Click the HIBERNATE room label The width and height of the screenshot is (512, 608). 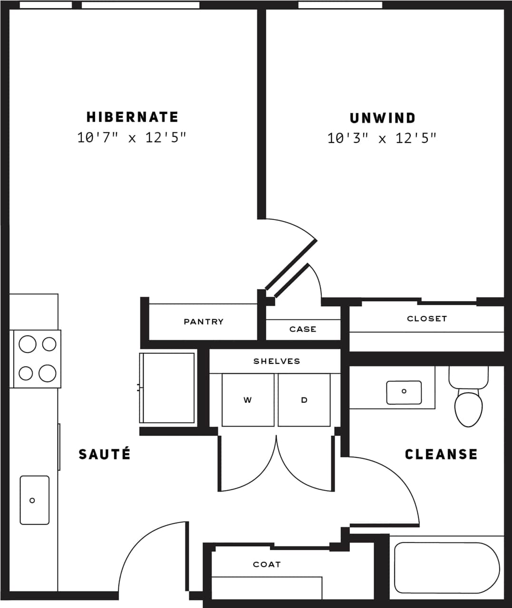pos(132,117)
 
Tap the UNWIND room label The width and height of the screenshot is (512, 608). pos(382,118)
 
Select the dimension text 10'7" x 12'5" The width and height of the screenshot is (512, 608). pos(132,138)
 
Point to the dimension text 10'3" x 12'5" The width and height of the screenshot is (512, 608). pos(382,138)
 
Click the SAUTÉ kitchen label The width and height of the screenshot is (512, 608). pos(105,454)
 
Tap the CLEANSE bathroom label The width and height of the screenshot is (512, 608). pos(441,454)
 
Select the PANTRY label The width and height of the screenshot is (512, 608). pos(203,322)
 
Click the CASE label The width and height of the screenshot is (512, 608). pos(303,329)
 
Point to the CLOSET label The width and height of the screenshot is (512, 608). pos(427,319)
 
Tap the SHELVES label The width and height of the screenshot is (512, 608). pos(277,361)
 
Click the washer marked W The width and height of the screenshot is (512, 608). pos(248,400)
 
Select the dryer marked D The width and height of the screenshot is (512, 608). pos(304,400)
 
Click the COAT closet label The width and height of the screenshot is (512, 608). pos(267,564)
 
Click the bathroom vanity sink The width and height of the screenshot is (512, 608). pos(404,392)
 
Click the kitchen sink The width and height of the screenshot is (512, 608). pos(34,500)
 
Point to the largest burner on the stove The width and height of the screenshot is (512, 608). pos(48,373)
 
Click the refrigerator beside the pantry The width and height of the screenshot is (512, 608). pos(167,388)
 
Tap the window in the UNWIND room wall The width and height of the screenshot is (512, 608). pos(340,5)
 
